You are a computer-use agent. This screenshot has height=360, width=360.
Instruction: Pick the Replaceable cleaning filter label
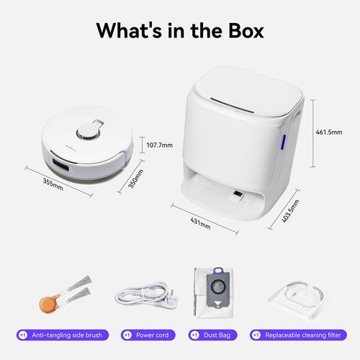302,335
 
